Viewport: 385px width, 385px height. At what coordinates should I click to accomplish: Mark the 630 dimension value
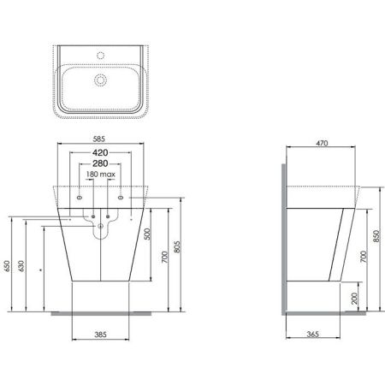click(23, 268)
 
